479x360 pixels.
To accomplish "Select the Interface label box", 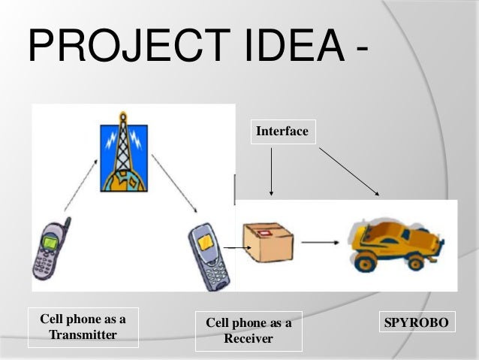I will click(282, 132).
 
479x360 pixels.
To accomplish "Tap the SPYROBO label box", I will click(416, 323).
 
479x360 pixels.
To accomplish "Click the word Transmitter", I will click(83, 334).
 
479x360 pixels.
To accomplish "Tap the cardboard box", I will click(267, 241).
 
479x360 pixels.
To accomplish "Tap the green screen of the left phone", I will click(50, 243).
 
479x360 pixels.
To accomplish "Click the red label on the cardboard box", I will click(265, 233).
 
